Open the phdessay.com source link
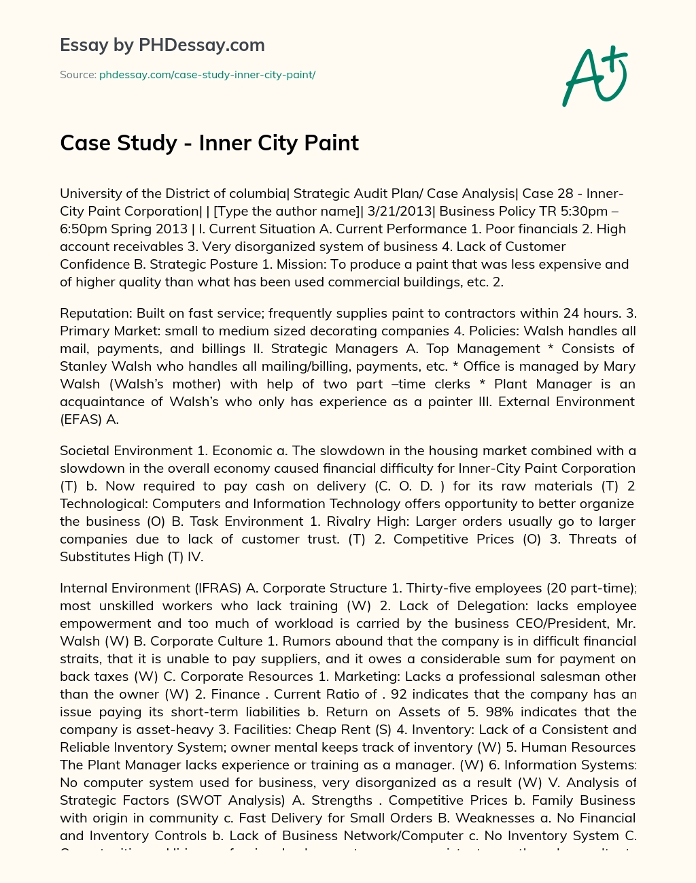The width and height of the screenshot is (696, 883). point(207,75)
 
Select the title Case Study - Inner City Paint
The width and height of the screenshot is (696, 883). point(209,143)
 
